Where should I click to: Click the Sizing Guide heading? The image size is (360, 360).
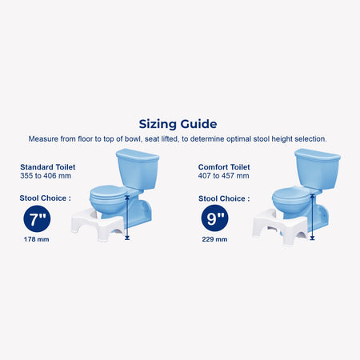(178, 124)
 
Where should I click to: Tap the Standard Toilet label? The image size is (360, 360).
(48, 167)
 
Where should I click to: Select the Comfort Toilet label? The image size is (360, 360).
(224, 167)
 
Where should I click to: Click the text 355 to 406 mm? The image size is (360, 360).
(46, 176)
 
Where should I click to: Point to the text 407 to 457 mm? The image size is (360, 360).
(223, 176)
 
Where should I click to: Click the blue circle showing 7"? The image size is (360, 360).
(37, 219)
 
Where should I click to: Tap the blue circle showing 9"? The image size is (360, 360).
(215, 218)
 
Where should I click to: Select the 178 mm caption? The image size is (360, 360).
(37, 239)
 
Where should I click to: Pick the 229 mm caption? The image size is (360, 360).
(214, 239)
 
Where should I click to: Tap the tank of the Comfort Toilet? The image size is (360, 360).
(318, 168)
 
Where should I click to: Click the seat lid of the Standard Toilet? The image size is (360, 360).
(108, 192)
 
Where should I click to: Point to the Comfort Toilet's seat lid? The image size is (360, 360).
(290, 194)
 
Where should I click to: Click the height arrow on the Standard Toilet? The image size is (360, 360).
(127, 218)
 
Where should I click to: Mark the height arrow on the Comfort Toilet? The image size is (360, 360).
(312, 217)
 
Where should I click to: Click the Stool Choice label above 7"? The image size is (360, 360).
(46, 198)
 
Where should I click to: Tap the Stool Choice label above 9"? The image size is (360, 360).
(224, 198)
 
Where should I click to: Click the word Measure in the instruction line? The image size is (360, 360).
(43, 139)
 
